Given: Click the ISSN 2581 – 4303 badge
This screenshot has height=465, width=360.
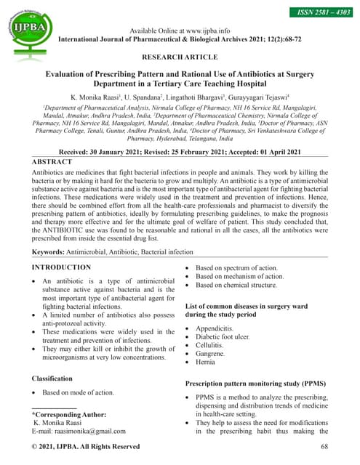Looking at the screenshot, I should pyautogui.click(x=321, y=13).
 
